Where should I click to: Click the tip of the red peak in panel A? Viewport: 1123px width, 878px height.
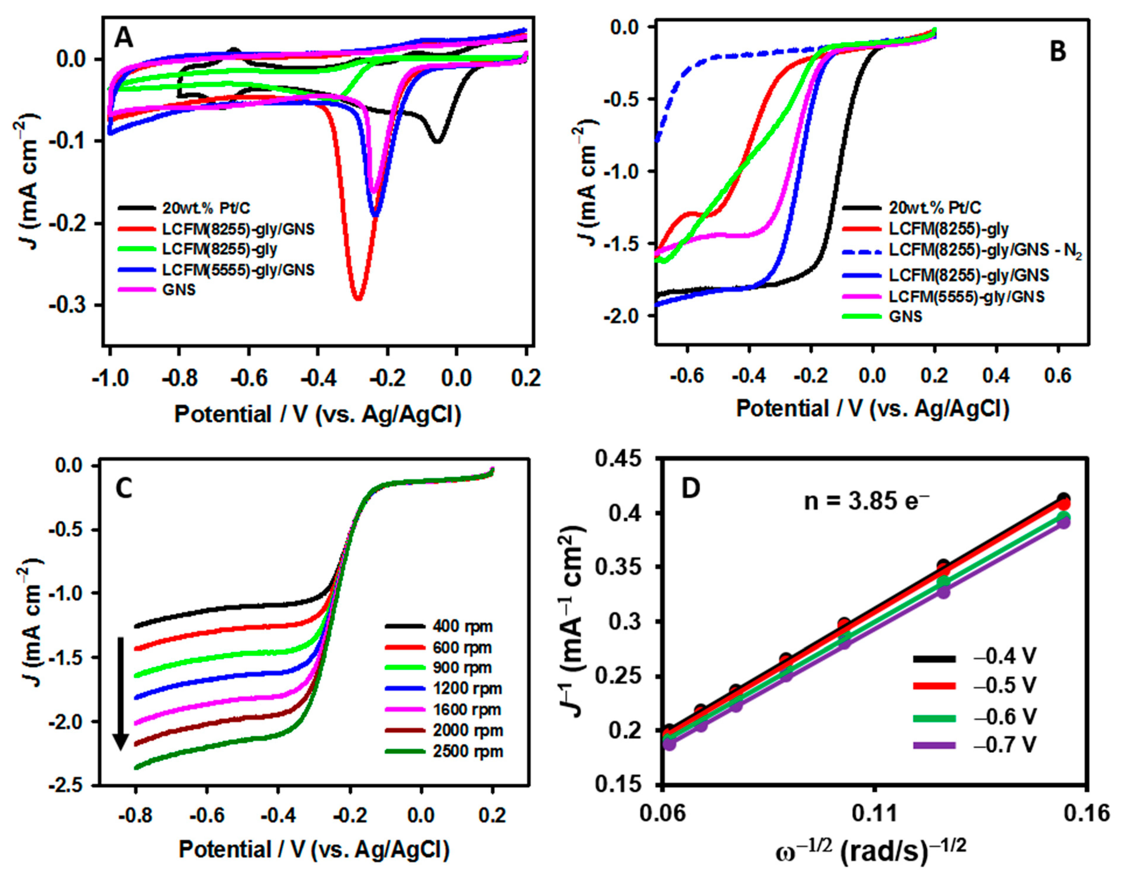(359, 299)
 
